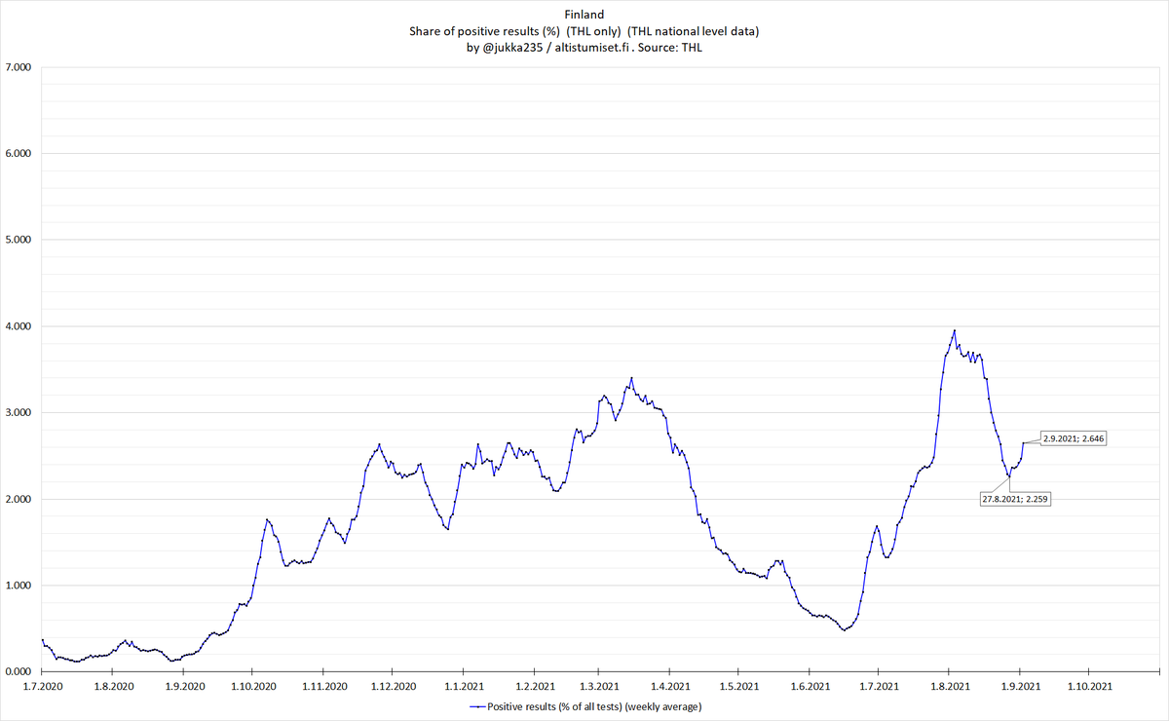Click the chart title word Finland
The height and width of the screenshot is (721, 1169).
pos(584,15)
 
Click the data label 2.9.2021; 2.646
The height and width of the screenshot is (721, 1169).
pos(1074,438)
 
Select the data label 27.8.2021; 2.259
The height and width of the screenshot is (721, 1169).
pos(1015,499)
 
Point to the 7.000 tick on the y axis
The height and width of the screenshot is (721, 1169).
pos(19,67)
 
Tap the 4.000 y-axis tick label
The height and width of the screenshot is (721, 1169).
pos(19,326)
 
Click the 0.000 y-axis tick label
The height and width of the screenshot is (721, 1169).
pos(19,671)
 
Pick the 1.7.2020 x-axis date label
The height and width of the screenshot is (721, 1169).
pos(43,686)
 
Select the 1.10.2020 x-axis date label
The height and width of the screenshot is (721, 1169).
pos(253,686)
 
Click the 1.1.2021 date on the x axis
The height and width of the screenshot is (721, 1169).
pos(464,686)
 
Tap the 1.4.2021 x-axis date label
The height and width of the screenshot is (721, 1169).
pos(670,686)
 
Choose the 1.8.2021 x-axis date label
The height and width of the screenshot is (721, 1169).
pos(950,686)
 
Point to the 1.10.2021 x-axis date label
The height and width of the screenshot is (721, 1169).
pos(1090,686)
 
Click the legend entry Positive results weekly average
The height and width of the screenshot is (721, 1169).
pos(585,707)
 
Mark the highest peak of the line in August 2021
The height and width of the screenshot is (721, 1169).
pos(955,330)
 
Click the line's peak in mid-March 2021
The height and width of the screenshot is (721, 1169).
pos(631,378)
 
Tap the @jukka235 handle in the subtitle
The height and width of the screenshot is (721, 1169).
pos(513,48)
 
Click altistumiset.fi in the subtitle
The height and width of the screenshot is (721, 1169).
pos(592,48)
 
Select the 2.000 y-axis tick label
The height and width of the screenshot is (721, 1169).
pos(19,499)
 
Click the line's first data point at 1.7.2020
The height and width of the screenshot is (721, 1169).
pos(43,640)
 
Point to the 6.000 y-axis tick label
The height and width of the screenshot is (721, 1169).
pos(19,154)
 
